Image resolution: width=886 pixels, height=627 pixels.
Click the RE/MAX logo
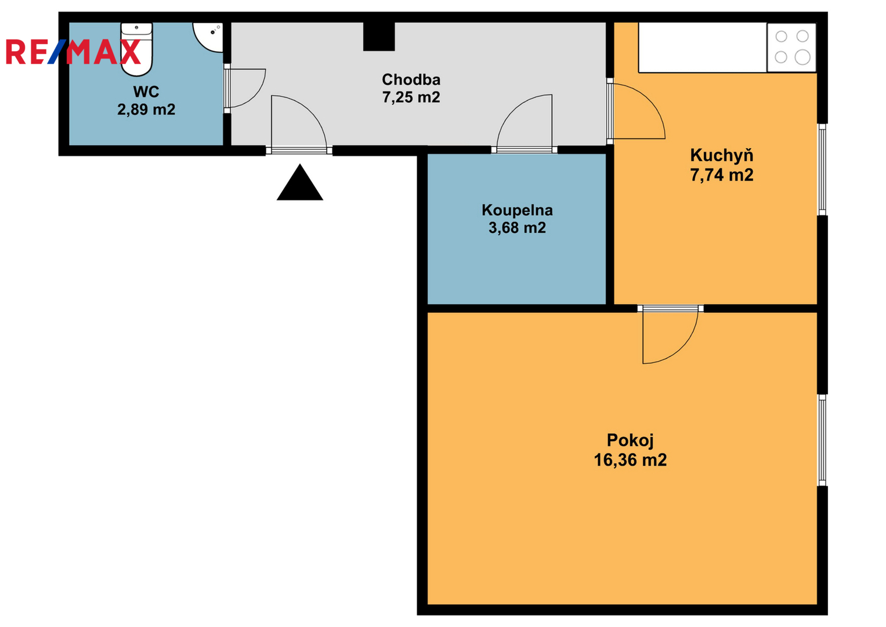73,52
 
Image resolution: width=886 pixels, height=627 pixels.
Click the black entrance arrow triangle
300,182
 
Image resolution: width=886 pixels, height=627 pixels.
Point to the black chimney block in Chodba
379,37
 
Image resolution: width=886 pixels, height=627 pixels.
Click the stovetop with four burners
791,48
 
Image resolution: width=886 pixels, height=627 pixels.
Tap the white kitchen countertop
703,48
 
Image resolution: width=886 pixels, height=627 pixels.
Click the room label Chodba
411,80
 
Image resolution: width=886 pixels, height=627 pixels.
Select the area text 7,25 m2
411,98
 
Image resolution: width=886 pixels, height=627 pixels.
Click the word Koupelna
517,210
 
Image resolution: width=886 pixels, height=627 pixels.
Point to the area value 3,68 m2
517,228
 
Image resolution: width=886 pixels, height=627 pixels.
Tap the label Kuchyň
722,155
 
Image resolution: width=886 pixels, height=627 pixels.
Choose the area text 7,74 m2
722,175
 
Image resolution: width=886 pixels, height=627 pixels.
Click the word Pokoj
630,441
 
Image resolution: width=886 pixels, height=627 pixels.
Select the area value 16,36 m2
630,460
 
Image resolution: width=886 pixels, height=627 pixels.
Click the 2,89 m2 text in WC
146,110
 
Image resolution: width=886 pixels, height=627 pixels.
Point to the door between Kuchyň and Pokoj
670,334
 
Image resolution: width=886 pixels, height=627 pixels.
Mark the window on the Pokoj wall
822,440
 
